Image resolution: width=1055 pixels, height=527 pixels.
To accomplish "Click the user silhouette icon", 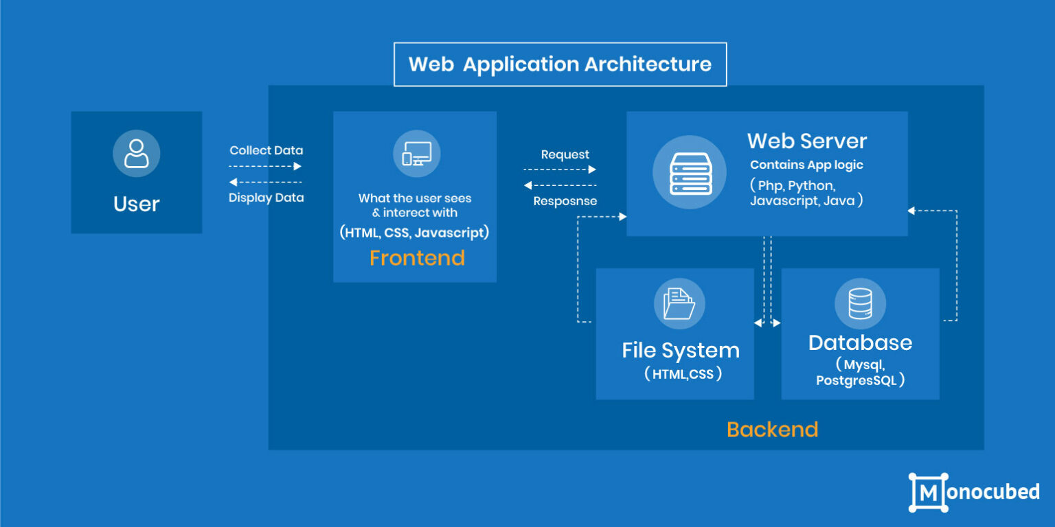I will click(x=136, y=153).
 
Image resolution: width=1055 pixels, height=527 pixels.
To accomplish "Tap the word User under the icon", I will click(x=136, y=204).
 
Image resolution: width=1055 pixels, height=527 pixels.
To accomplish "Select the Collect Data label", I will click(x=266, y=150).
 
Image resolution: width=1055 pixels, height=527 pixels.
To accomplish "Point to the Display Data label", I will click(x=266, y=198).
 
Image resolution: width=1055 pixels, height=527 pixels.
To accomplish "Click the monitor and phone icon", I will click(x=416, y=154).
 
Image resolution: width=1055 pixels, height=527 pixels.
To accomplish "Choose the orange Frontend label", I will click(x=417, y=258).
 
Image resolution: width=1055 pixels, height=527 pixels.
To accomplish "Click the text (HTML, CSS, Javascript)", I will click(x=414, y=233).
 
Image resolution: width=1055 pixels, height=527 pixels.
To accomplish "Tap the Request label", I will click(x=565, y=154).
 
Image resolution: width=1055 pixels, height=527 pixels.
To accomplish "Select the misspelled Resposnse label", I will click(x=565, y=201).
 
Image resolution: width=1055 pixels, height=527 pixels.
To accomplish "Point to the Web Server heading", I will click(x=806, y=141).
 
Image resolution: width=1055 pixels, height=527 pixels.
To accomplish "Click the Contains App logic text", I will click(x=806, y=165).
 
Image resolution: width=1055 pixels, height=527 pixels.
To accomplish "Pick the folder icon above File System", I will click(x=679, y=303).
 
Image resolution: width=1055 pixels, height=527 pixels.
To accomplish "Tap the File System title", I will click(x=680, y=350).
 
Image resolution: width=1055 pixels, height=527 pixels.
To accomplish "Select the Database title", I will click(x=860, y=342).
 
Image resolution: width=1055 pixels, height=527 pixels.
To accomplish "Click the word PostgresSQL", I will click(x=856, y=380).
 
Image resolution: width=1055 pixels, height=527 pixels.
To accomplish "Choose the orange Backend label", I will click(x=772, y=430).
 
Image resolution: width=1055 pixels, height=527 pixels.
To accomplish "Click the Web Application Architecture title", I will click(x=560, y=65).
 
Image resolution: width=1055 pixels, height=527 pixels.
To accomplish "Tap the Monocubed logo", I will click(x=973, y=492).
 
